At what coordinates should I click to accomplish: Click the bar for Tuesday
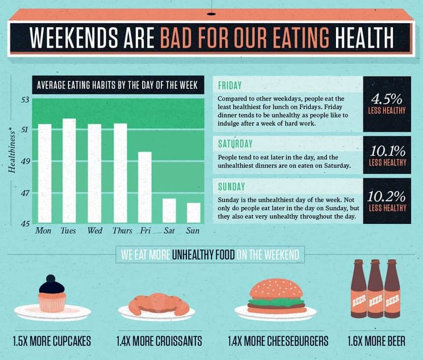coord(69,171)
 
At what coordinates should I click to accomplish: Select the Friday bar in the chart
coord(145,187)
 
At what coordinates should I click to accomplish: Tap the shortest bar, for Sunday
coord(194,213)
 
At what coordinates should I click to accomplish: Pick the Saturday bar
coord(169,210)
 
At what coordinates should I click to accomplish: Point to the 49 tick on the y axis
coord(25,161)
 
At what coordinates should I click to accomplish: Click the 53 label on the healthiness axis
coord(25,100)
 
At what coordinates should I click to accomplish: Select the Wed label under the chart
coord(95,231)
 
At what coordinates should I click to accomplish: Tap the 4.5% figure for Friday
coord(387,99)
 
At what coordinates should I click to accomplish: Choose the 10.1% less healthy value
coord(388,151)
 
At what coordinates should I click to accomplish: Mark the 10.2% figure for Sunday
coord(386,196)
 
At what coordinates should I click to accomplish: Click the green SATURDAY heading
coord(235,144)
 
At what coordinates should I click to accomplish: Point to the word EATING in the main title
coord(301,37)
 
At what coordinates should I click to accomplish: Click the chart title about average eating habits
coord(118,85)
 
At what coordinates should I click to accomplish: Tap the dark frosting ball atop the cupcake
coord(51,278)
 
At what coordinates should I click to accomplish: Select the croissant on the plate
coord(158,304)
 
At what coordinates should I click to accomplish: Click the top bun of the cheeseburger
coord(276,289)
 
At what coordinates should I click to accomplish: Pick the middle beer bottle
coord(375,289)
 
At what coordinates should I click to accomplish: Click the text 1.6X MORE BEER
coord(376,341)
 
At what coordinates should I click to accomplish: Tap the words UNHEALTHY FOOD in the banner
coord(203,254)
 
